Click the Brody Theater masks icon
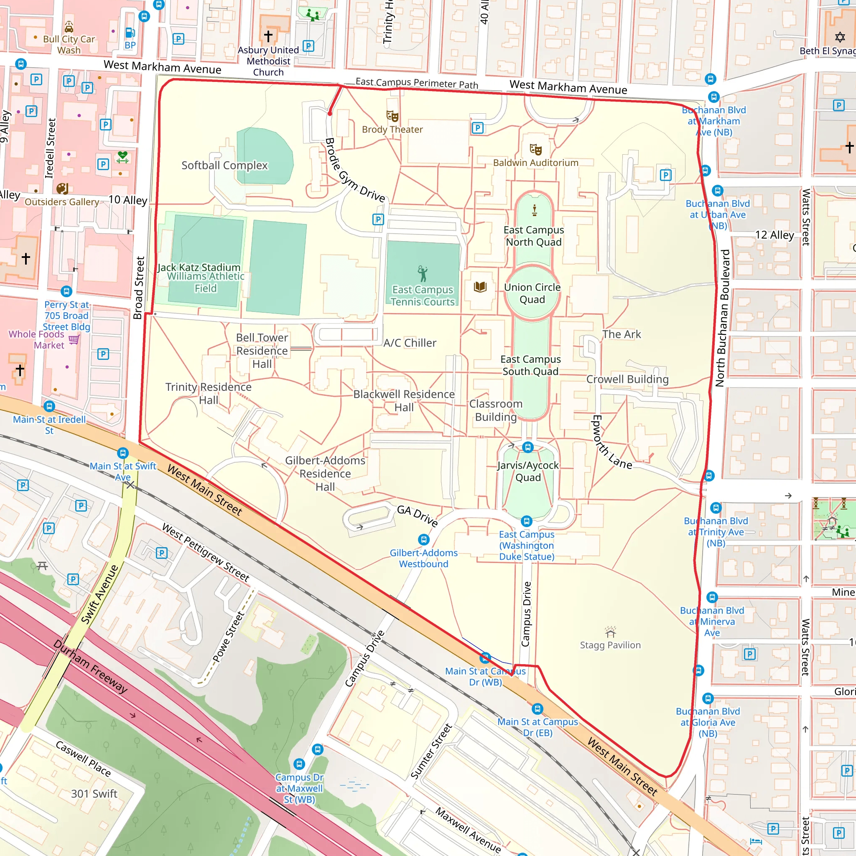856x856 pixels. click(392, 116)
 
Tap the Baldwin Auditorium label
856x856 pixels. click(535, 163)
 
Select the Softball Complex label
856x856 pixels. click(224, 165)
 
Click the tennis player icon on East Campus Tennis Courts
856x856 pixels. click(423, 274)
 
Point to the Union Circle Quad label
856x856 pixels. click(532, 293)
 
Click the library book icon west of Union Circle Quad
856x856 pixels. click(480, 287)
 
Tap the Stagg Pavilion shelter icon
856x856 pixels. click(611, 632)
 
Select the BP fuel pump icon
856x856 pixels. click(130, 33)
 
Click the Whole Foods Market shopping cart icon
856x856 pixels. click(74, 339)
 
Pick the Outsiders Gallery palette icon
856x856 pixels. click(62, 189)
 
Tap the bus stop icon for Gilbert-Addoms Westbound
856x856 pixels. click(423, 539)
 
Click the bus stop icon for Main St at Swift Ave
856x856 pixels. click(123, 453)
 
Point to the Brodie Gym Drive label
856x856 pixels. click(354, 170)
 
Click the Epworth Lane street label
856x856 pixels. click(611, 443)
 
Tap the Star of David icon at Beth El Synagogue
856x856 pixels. click(840, 37)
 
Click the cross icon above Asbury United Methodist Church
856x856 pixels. click(268, 36)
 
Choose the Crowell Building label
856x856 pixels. click(627, 379)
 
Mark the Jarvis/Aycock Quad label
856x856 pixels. click(528, 471)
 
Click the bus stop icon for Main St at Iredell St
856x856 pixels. click(50, 406)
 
